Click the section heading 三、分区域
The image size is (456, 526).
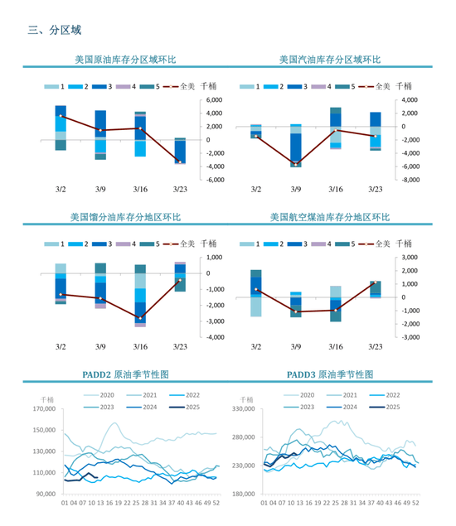pyautogui.click(x=55, y=31)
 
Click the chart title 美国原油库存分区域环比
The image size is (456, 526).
pyautogui.click(x=125, y=60)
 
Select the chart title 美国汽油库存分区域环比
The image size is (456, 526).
pyautogui.click(x=329, y=60)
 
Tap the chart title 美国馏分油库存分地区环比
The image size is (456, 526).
pyautogui.click(x=125, y=217)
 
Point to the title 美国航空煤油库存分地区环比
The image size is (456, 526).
pyautogui.click(x=329, y=217)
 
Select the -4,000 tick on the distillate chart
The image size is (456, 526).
pyautogui.click(x=214, y=337)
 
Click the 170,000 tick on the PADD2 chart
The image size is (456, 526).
pyautogui.click(x=42, y=409)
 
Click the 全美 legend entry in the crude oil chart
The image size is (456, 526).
pyautogui.click(x=184, y=86)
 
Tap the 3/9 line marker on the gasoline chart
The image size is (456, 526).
pyautogui.click(x=296, y=164)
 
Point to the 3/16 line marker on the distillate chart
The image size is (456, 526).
pyautogui.click(x=140, y=318)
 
